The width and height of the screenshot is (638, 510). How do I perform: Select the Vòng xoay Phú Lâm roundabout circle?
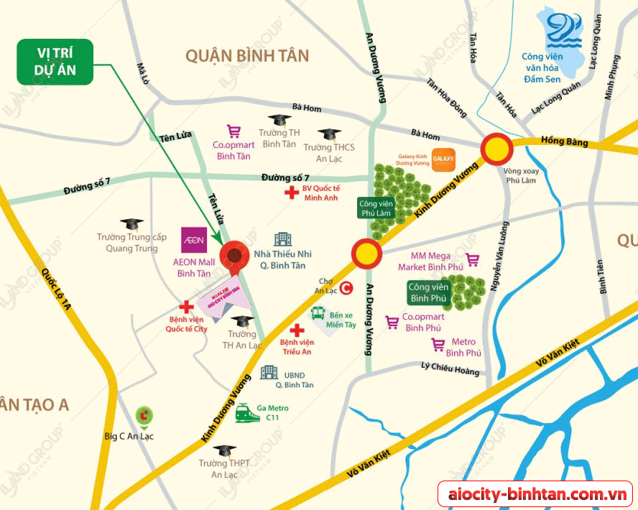coord(496,149)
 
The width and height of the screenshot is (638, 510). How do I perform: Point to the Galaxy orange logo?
coord(443,163)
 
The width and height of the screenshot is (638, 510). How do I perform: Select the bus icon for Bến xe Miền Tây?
coord(318,313)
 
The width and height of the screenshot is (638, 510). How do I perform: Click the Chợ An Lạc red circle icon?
coord(346,288)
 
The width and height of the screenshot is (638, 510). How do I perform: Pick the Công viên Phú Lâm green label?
coord(377,208)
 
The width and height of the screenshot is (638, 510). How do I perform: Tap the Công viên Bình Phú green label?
coord(429,292)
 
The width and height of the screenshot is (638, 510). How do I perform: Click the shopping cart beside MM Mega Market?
coord(473,260)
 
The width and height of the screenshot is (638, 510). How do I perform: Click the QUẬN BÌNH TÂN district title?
coord(246,56)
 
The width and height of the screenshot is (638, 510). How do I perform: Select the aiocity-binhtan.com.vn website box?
coord(536,494)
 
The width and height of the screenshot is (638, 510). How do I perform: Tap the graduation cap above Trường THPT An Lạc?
coord(224,450)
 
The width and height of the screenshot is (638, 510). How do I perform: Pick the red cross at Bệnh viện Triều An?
coord(295,330)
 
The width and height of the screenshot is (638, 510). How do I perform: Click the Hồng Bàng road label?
coord(564,142)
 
